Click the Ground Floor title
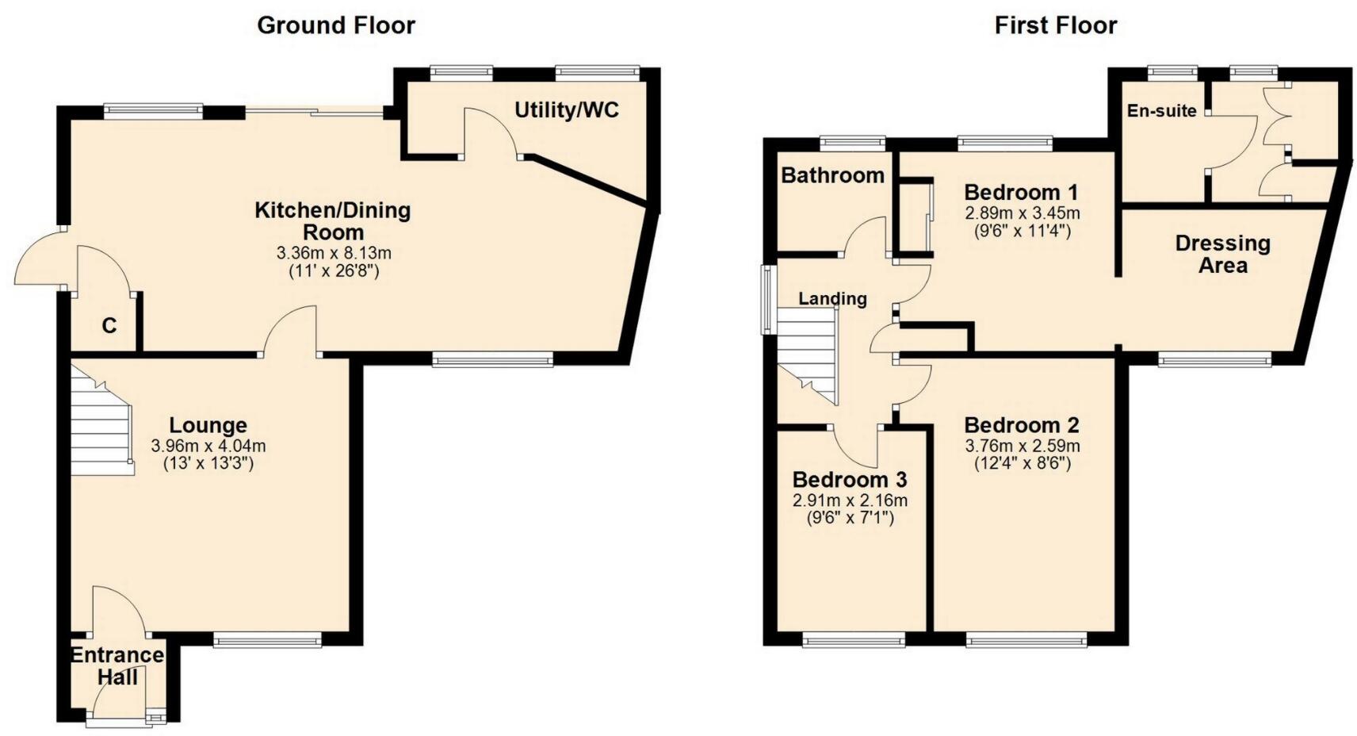click(335, 25)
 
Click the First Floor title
click(1055, 25)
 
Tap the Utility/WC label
click(566, 110)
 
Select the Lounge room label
click(208, 426)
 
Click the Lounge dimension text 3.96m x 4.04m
click(208, 447)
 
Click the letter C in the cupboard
click(109, 326)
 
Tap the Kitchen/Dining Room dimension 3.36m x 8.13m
click(333, 254)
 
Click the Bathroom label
click(831, 175)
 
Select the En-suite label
click(1161, 111)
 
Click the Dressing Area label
click(1222, 254)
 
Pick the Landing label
click(832, 299)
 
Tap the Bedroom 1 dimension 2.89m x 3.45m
click(1022, 213)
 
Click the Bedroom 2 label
click(1022, 426)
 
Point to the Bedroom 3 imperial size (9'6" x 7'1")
click(850, 519)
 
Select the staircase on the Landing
click(806, 353)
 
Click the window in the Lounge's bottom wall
click(267, 639)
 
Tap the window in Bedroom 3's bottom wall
click(853, 639)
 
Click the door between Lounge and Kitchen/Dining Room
click(291, 333)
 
